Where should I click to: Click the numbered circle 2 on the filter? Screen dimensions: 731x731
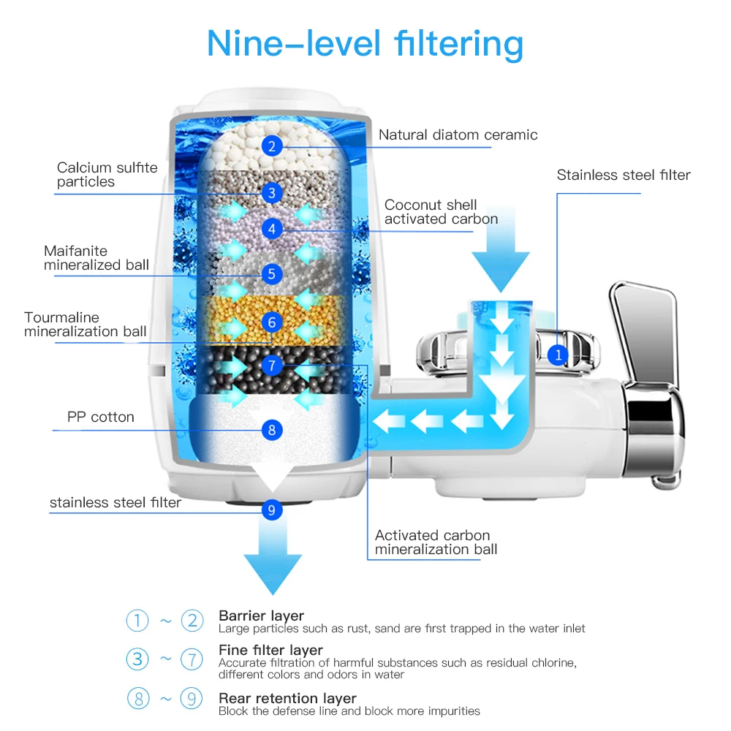[271, 146]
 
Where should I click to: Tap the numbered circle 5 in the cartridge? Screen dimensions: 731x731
[271, 274]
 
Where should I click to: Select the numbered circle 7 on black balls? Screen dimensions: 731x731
[271, 365]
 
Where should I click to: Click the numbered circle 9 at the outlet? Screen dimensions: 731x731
[271, 510]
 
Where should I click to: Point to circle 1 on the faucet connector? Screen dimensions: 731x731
[558, 355]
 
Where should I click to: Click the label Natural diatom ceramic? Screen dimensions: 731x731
[458, 135]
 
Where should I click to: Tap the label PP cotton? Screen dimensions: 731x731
[100, 417]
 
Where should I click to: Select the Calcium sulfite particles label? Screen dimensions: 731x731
[107, 175]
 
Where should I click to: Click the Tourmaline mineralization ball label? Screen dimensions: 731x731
[85, 325]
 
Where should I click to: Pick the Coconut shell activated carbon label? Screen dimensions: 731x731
[441, 212]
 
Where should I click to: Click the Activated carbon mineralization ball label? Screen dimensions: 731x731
[436, 542]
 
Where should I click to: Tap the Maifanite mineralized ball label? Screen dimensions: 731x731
[96, 258]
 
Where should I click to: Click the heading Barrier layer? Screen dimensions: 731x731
[261, 616]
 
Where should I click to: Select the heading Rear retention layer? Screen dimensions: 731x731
[287, 698]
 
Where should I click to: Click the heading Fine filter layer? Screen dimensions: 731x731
[270, 650]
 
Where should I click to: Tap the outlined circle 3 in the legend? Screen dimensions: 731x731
[137, 659]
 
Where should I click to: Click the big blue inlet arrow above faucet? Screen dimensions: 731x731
[500, 252]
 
